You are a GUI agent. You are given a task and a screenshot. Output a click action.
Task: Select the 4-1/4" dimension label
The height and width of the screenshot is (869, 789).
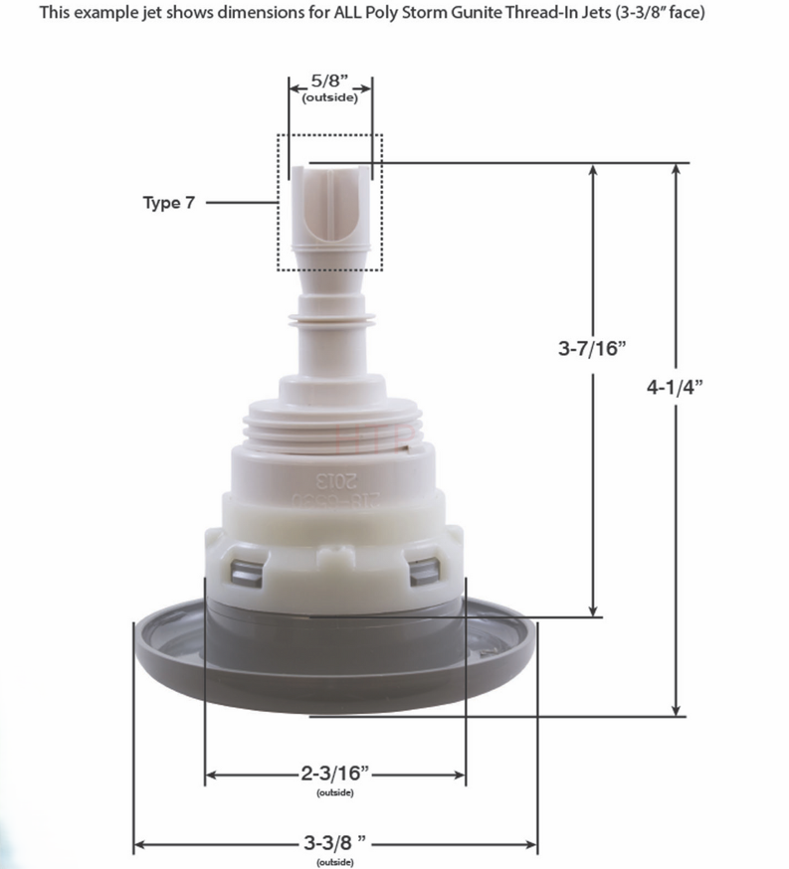tap(676, 389)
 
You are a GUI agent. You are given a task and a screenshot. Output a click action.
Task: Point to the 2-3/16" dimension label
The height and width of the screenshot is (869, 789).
tap(335, 772)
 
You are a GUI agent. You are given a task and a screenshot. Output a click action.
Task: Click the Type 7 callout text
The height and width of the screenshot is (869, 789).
tap(169, 203)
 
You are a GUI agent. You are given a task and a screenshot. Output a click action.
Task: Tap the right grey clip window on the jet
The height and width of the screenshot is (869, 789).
tap(423, 570)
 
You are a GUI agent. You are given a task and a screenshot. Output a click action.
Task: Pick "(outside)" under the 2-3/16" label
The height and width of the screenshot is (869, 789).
tap(335, 791)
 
